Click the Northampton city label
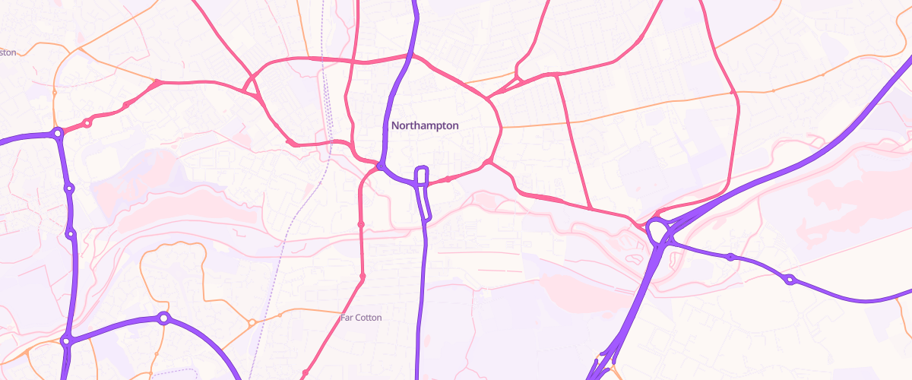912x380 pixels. [x=425, y=125]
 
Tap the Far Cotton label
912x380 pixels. [x=362, y=318]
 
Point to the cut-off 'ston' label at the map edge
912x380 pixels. [x=8, y=52]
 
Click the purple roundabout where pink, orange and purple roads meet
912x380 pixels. [x=58, y=134]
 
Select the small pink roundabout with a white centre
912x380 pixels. [x=87, y=122]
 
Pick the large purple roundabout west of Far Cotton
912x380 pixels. [x=163, y=318]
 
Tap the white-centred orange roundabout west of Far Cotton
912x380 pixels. [x=252, y=323]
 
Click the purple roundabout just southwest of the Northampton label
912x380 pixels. [x=380, y=164]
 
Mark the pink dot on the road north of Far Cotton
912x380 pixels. [x=361, y=224]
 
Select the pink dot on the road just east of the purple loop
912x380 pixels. [x=449, y=179]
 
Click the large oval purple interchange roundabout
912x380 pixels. [x=657, y=230]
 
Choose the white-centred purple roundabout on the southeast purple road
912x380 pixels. [x=790, y=280]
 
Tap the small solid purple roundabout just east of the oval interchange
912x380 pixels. [x=730, y=257]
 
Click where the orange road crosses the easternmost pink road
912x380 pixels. [x=733, y=93]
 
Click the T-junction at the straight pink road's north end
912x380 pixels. [x=558, y=74]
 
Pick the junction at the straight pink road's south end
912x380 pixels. [x=591, y=207]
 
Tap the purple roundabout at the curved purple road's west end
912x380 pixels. [x=66, y=341]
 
